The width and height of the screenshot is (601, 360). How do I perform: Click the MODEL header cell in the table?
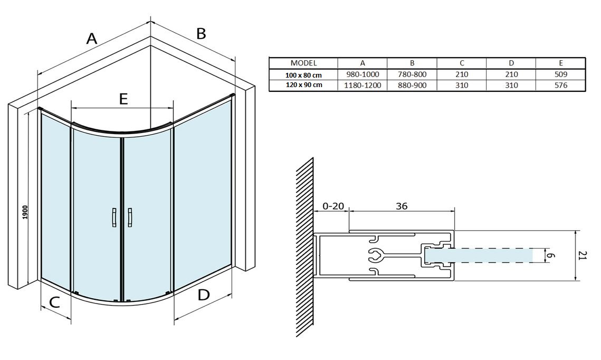tap(303, 63)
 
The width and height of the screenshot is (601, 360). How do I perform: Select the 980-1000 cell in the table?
tap(362, 74)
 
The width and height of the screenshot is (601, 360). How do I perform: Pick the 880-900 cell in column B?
tap(412, 85)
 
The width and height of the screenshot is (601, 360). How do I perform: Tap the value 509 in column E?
tap(561, 74)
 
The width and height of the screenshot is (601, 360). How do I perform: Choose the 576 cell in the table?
tap(561, 85)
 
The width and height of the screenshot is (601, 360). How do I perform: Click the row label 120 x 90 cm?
tap(303, 85)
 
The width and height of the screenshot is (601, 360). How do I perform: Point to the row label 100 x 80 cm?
tap(303, 75)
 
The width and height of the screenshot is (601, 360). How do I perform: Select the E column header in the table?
tap(561, 63)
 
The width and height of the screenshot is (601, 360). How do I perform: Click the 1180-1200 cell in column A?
tap(362, 85)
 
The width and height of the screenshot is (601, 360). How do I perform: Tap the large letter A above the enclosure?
tap(92, 39)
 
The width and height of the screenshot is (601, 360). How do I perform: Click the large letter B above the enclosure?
tap(201, 34)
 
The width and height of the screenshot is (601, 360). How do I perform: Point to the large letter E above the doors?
tap(123, 99)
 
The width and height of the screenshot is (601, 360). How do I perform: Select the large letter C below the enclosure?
tap(54, 302)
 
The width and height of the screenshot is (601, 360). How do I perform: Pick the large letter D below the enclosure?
tap(204, 295)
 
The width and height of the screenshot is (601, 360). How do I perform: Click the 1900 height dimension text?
tap(25, 212)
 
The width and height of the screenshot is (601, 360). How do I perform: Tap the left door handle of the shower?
tap(114, 217)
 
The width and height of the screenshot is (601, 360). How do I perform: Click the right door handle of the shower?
tap(130, 217)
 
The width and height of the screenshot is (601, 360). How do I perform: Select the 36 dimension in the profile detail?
tap(401, 206)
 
